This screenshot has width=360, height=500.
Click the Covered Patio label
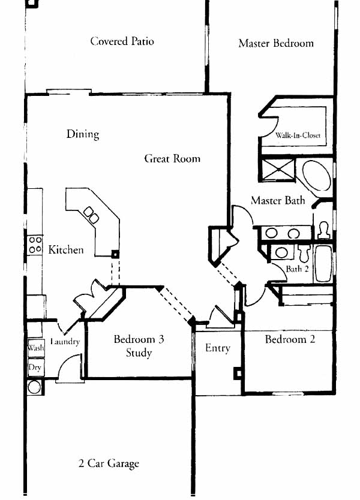tap(122, 41)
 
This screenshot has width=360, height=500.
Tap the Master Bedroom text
tap(276, 43)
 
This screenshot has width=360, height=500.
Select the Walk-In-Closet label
tap(298, 135)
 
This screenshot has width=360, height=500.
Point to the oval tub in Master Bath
tap(317, 176)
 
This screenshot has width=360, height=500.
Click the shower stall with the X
tap(278, 170)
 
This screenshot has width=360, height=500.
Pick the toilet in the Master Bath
tap(323, 230)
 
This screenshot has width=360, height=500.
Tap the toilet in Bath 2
tap(305, 252)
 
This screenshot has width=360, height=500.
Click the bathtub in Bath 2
tap(323, 263)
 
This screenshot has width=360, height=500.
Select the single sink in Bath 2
tap(281, 252)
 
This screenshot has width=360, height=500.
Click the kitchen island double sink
tap(91, 215)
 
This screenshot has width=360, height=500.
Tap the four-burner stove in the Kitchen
tap(35, 245)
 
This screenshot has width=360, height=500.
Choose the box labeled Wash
tap(35, 347)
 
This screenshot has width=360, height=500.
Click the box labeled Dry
tap(35, 368)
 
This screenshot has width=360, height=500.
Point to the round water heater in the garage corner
tap(34, 387)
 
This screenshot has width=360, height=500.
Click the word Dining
tap(83, 134)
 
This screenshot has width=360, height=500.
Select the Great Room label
tap(172, 158)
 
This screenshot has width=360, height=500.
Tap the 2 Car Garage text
tap(109, 463)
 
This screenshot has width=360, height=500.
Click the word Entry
tap(218, 348)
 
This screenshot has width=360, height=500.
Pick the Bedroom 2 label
tap(290, 339)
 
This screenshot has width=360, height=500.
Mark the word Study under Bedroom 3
tap(139, 353)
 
